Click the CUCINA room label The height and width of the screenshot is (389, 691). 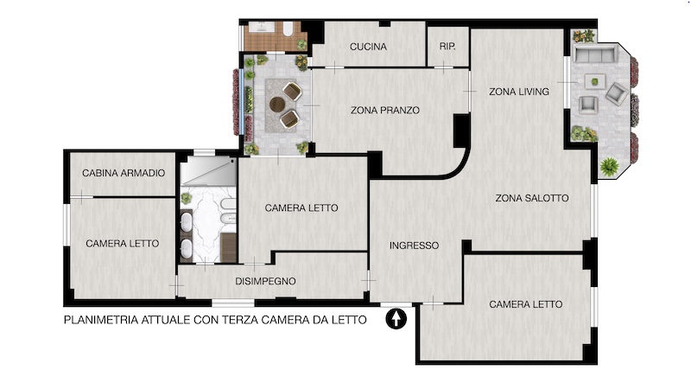[x=368, y=47]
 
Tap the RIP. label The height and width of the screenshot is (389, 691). [x=447, y=47]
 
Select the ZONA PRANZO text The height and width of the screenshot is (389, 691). [x=384, y=111]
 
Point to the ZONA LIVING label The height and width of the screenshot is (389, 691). [x=519, y=92]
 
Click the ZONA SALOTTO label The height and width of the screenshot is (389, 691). [x=531, y=198]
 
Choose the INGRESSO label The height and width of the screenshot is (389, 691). [x=414, y=246]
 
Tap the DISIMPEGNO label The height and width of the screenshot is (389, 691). [x=265, y=281]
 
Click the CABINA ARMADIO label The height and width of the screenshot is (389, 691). [x=124, y=173]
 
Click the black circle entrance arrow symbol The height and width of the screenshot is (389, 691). [x=396, y=318]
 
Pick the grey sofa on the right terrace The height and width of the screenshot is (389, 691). [x=595, y=54]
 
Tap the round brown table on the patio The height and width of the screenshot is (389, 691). [x=277, y=105]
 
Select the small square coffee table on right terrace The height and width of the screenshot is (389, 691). [x=594, y=81]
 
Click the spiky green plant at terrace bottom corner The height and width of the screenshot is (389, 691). [x=609, y=167]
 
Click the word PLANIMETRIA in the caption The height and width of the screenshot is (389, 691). [x=101, y=320]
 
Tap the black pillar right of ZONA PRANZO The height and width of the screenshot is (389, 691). [x=461, y=131]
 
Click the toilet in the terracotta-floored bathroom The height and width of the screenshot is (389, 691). [x=288, y=29]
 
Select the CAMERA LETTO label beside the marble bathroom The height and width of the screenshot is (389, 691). [x=301, y=207]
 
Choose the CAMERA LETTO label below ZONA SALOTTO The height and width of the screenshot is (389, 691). [x=526, y=304]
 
